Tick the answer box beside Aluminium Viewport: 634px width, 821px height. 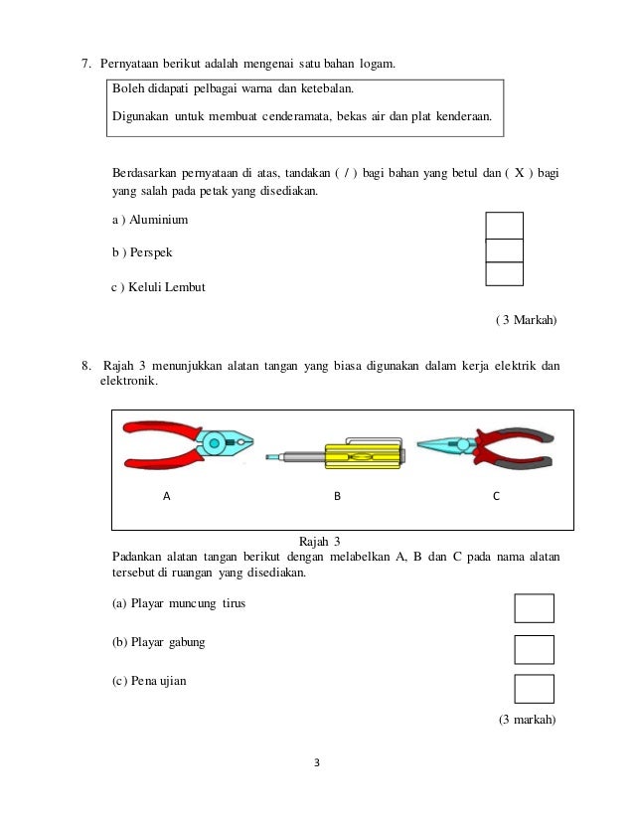[x=504, y=225]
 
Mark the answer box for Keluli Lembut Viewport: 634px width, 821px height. [x=504, y=273]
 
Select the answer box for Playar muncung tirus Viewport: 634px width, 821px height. [x=534, y=607]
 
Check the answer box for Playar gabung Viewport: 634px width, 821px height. [x=534, y=649]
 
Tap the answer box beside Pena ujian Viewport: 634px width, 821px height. [x=534, y=688]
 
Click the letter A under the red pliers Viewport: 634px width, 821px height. [x=167, y=494]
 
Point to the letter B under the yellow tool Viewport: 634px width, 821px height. [x=337, y=494]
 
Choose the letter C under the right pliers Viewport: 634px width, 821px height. [x=496, y=494]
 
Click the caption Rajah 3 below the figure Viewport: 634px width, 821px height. [x=320, y=541]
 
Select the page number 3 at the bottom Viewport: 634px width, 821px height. [x=316, y=763]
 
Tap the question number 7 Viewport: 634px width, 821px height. [x=86, y=66]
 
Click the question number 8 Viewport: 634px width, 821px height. [x=86, y=366]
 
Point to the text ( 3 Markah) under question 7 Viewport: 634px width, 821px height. [x=526, y=320]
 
